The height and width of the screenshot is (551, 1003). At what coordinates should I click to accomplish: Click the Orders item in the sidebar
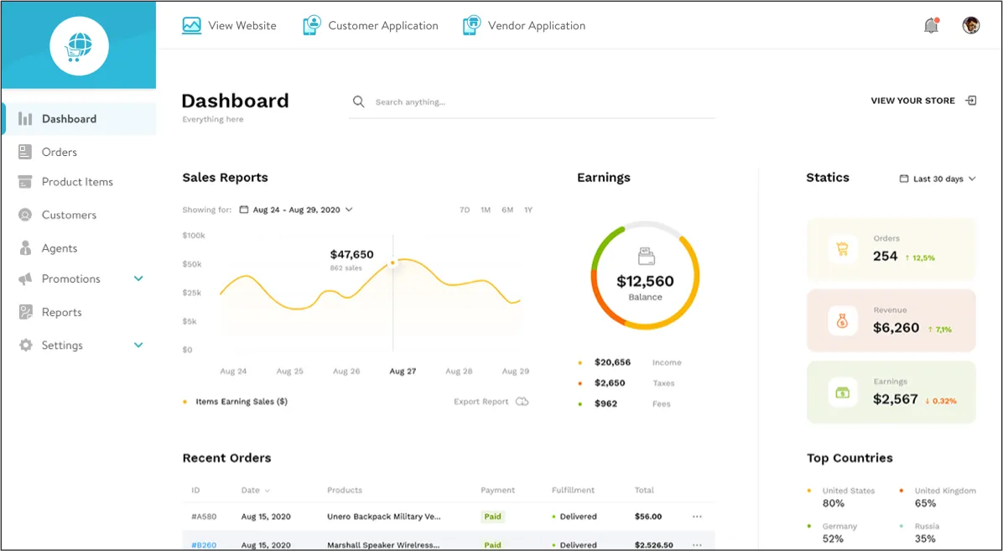point(59,152)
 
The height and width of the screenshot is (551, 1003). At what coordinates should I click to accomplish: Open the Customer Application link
point(382,26)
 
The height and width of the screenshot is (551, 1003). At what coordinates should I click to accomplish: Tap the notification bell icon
point(931,26)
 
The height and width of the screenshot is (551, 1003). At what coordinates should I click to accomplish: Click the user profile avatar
point(971,25)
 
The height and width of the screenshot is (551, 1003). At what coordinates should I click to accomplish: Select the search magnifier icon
point(359,101)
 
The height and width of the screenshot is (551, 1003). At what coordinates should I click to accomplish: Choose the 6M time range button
point(507,210)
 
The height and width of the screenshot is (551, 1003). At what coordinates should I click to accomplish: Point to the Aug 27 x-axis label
point(403,371)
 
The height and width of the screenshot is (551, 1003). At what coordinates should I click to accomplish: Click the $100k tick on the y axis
point(194,236)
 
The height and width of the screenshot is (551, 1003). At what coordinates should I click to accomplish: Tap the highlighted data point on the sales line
point(392,263)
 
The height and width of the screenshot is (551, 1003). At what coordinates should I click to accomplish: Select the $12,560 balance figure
point(645,281)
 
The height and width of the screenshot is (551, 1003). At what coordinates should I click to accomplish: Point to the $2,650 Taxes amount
point(610,383)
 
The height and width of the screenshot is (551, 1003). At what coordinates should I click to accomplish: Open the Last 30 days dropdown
point(938,179)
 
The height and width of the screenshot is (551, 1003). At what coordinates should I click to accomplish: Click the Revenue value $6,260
point(896,328)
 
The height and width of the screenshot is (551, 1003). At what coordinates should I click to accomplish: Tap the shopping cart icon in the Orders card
point(843,249)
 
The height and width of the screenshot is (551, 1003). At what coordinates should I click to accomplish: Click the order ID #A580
point(205,517)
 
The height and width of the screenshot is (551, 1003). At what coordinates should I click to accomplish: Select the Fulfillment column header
point(573,490)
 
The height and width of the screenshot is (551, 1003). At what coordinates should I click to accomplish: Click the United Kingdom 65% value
point(925,503)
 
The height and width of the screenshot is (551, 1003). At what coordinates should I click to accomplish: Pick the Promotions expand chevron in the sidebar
point(138,278)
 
